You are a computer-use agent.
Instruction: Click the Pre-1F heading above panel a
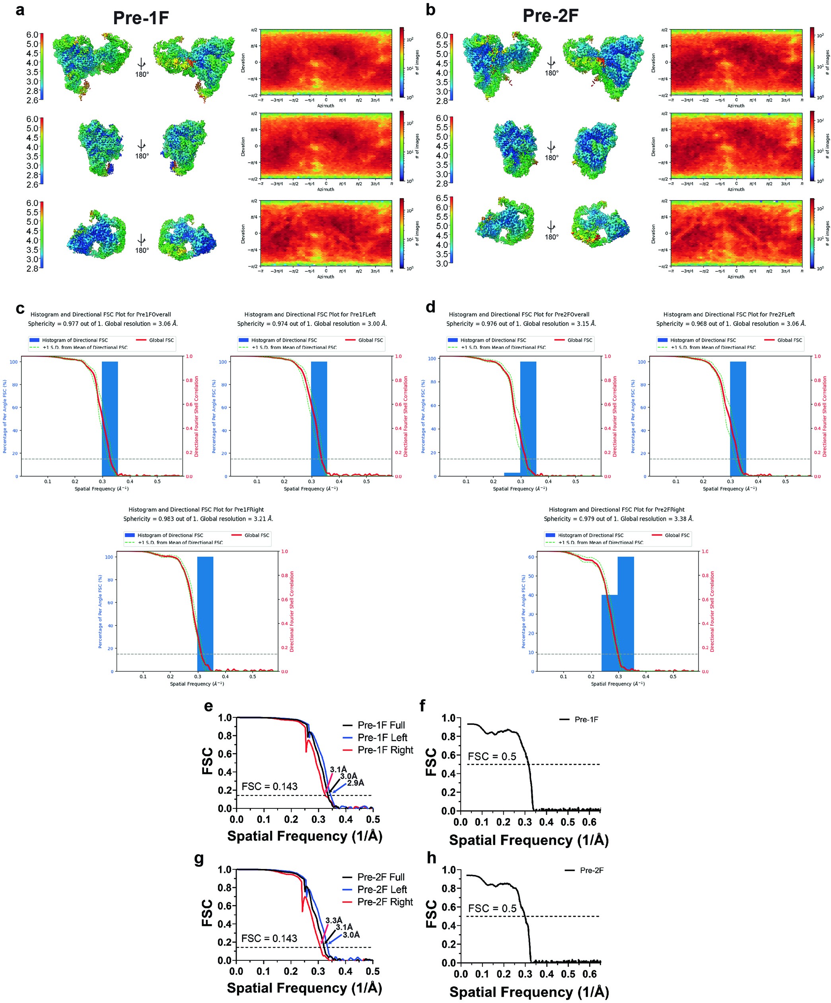(141, 18)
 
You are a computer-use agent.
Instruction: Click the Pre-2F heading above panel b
(550, 16)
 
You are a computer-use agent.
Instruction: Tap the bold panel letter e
(208, 706)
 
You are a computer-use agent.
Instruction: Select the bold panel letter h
(431, 858)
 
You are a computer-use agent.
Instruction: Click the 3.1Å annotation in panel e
(338, 769)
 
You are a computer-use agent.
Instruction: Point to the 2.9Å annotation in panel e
(355, 783)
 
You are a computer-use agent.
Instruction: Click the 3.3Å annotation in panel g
(334, 920)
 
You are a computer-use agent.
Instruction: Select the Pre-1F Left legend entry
(382, 738)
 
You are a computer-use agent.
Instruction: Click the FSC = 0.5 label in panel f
(492, 757)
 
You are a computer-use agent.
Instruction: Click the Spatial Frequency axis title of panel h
(529, 992)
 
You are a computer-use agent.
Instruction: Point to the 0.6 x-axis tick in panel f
(590, 822)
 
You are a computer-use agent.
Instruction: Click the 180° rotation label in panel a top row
(142, 74)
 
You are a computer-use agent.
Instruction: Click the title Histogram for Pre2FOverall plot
(519, 314)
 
